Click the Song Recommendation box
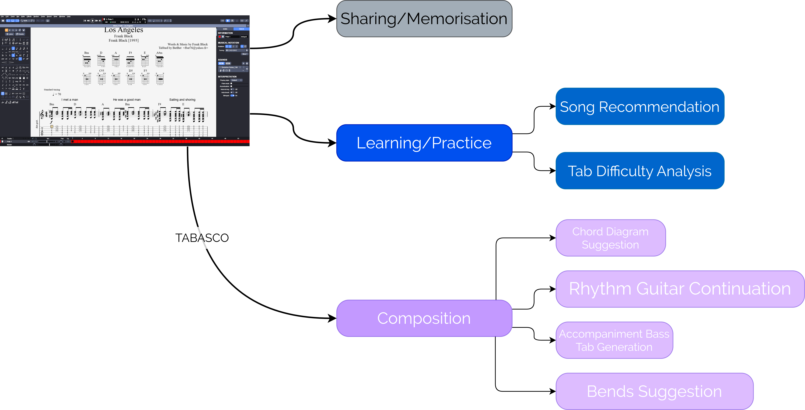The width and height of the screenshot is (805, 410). point(640,107)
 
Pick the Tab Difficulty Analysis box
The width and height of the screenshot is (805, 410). point(640,171)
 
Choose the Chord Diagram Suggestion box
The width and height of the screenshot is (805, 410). point(610,238)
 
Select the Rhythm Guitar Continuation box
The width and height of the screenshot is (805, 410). point(680,289)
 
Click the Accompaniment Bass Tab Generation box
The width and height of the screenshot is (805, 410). point(614,340)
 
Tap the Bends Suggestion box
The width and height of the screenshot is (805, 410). point(654,391)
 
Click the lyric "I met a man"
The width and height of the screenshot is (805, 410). point(70,100)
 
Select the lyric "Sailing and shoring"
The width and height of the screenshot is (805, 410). point(182,100)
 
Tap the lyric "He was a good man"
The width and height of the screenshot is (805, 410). point(127,100)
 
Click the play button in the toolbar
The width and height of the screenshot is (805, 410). point(92,21)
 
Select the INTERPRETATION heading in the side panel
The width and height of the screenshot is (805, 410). point(227,76)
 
